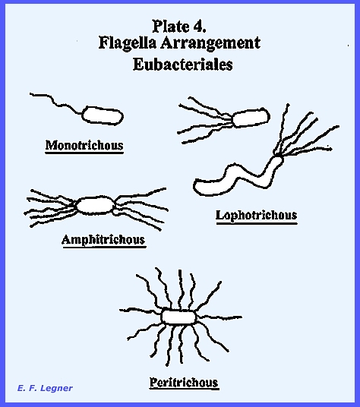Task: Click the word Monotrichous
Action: [84, 145]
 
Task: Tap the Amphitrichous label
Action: [103, 239]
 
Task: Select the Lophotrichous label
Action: [257, 215]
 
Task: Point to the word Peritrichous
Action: [184, 383]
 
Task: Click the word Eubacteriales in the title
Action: [183, 64]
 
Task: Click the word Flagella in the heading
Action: [128, 43]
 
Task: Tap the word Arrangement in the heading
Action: [210, 43]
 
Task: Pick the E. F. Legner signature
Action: [45, 388]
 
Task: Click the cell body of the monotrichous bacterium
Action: [103, 115]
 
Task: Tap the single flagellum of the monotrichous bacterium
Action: [55, 103]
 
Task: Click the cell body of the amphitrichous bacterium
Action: [95, 205]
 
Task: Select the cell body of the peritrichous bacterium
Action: [178, 317]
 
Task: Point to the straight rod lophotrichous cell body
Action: [251, 118]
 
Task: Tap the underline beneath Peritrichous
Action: [185, 389]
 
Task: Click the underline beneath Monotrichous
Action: [84, 153]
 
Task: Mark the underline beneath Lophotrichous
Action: [257, 223]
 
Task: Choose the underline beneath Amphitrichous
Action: [104, 247]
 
